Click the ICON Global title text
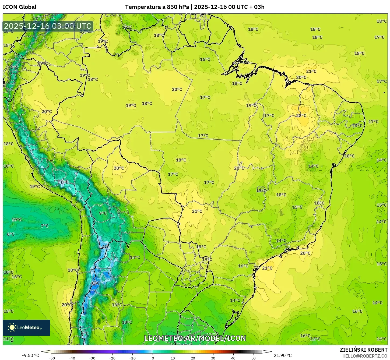[19, 7]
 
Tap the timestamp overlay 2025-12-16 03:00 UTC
[48, 26]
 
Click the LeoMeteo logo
[26, 327]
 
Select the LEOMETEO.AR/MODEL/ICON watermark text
[195, 338]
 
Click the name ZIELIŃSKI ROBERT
[363, 350]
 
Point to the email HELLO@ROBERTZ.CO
[365, 356]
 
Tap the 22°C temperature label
[301, 116]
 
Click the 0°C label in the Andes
[65, 182]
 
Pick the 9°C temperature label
[103, 213]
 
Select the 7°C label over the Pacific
[45, 226]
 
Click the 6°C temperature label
[11, 234]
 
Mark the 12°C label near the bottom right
[315, 339]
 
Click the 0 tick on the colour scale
[153, 358]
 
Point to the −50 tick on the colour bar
[51, 358]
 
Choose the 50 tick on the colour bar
[254, 358]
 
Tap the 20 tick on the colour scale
[193, 358]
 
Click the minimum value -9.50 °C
[30, 355]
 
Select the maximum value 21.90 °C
[282, 355]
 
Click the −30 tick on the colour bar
[92, 358]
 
